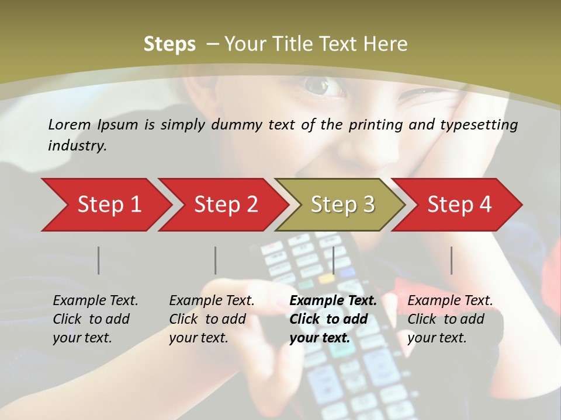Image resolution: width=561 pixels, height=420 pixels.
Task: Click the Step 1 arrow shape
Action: point(105,205)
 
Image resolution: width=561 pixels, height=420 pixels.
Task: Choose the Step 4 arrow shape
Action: point(458,205)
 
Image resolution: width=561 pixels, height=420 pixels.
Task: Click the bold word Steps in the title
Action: point(169,44)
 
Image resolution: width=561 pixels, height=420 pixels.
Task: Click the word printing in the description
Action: point(374,124)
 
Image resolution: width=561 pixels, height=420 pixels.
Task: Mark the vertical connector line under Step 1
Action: point(99,260)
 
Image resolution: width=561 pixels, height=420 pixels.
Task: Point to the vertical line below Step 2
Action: point(216,260)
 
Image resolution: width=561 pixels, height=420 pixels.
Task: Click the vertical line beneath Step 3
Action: point(333,260)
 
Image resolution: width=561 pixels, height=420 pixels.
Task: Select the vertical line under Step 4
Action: point(452,260)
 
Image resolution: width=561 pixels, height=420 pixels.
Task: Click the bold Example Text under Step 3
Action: point(333,301)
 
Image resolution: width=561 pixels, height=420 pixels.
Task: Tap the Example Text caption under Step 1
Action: point(95,301)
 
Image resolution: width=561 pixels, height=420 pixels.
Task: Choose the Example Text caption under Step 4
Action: point(450,301)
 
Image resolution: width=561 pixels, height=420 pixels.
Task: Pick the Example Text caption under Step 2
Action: point(212,301)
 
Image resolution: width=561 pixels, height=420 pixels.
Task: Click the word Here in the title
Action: point(385,44)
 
